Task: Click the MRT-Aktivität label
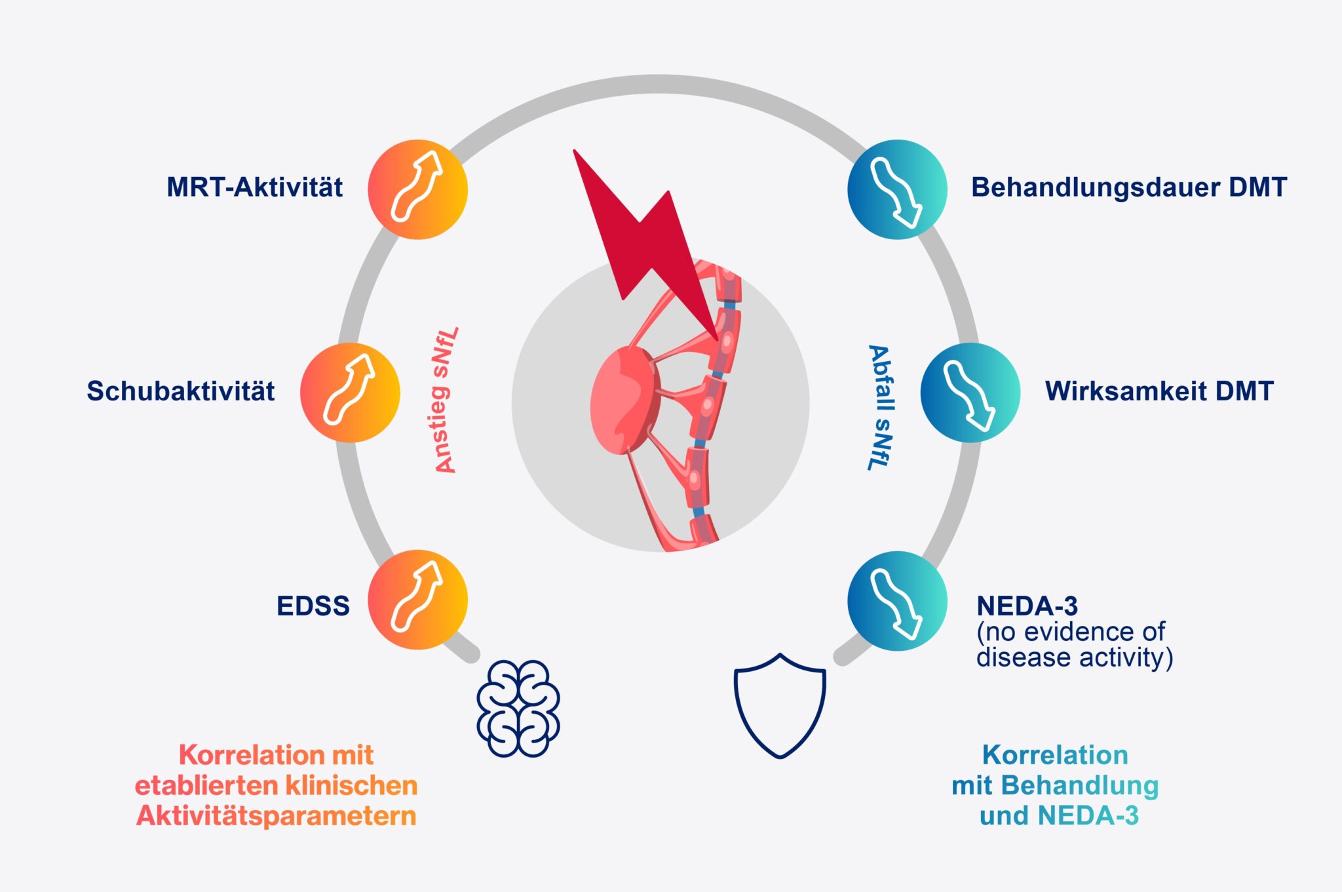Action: click(x=254, y=187)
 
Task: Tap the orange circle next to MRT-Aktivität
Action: click(x=417, y=189)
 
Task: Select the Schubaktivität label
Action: click(x=180, y=391)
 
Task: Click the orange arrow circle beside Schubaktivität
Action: click(x=350, y=392)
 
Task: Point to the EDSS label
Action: click(x=313, y=606)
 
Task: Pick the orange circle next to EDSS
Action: click(x=417, y=600)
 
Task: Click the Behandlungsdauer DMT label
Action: click(x=1128, y=187)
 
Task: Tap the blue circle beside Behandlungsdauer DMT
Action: click(x=897, y=189)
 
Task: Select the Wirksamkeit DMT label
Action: click(x=1159, y=391)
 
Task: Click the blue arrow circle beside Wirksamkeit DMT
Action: click(x=970, y=392)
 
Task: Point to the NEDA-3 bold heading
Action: click(x=1027, y=605)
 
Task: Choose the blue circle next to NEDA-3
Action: click(x=897, y=600)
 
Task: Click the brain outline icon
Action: click(x=518, y=708)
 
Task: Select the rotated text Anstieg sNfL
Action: click(x=446, y=400)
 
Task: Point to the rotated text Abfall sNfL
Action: click(x=880, y=407)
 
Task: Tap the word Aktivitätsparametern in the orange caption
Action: click(x=276, y=816)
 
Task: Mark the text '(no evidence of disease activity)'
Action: click(x=1073, y=645)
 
